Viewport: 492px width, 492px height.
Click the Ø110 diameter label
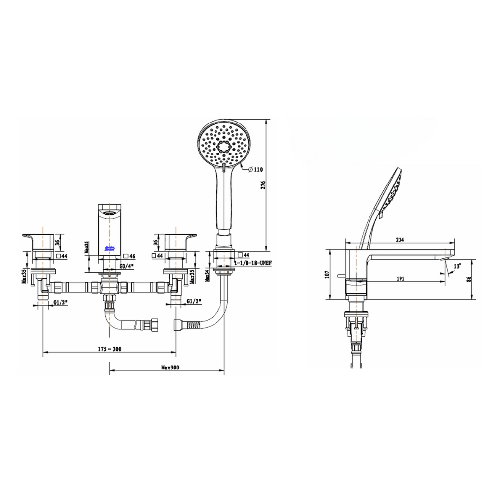(x=256, y=169)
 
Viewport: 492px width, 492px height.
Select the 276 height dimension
(x=263, y=184)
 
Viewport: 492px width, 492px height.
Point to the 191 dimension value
(x=401, y=278)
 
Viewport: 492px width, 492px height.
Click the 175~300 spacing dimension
(x=110, y=349)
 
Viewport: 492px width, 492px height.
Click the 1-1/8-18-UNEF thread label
(x=251, y=264)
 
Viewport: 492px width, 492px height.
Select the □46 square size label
(x=129, y=256)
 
